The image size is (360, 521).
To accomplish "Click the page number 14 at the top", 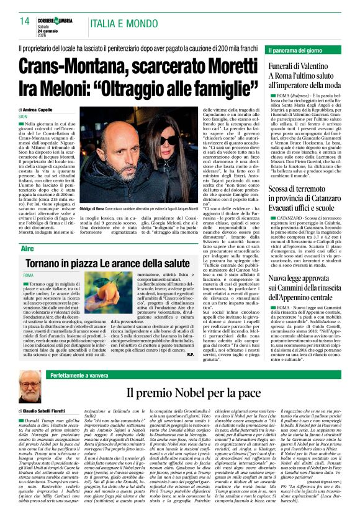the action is (24, 22).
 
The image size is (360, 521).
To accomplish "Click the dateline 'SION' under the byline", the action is (23, 116).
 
